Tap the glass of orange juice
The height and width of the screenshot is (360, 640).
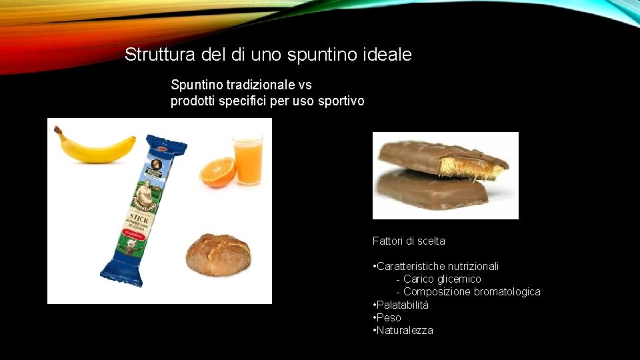coord(247,161)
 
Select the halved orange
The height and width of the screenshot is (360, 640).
coord(218,172)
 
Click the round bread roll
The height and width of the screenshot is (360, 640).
coord(218,254)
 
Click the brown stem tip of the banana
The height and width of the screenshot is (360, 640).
coord(57,130)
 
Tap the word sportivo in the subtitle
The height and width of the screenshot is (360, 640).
coord(342,101)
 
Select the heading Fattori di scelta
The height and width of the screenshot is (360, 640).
coord(409,241)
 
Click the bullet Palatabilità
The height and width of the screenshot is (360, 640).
coord(403,305)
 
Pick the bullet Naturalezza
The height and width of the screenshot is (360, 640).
coord(405,330)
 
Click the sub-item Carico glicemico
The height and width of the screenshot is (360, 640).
coord(442,279)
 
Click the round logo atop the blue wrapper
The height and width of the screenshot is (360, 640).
coord(157,165)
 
